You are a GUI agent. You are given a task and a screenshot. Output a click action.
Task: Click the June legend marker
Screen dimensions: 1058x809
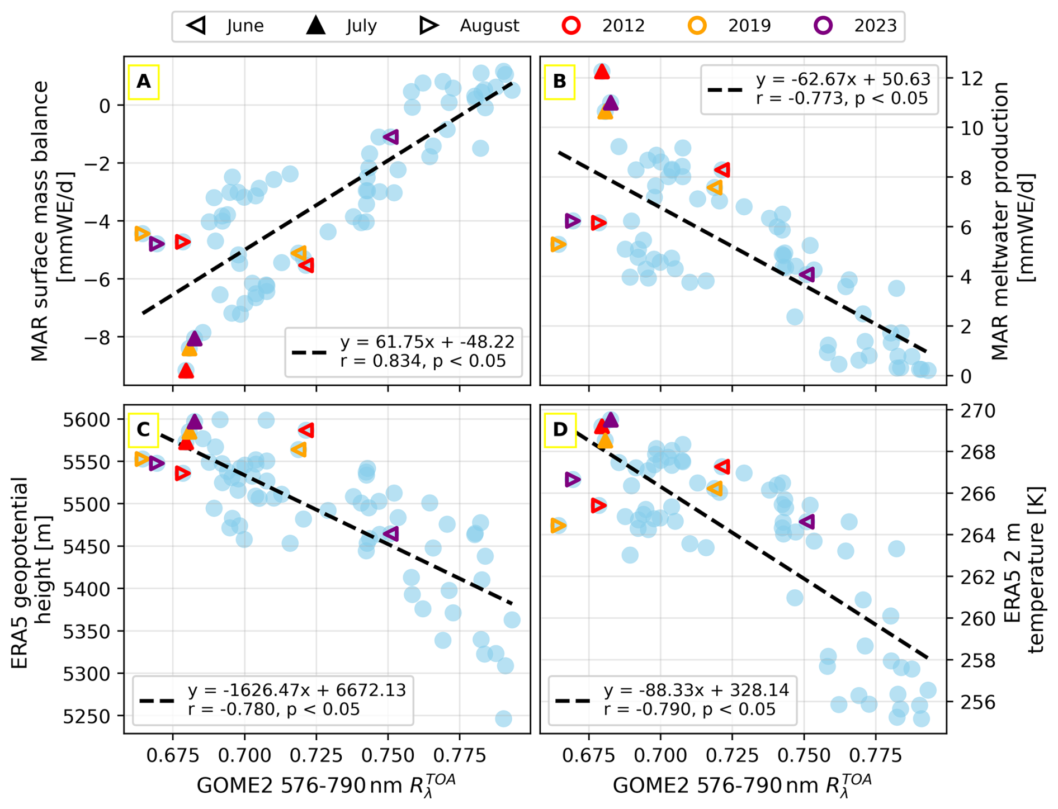pos(196,25)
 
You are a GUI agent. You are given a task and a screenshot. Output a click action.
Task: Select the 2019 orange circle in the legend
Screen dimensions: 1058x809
pos(697,25)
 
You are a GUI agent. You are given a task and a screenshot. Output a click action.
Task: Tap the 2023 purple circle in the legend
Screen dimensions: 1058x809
pos(823,25)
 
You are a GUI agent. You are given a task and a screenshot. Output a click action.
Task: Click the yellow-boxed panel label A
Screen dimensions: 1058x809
pos(144,82)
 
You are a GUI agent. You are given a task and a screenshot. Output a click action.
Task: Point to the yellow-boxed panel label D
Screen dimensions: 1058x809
pos(560,429)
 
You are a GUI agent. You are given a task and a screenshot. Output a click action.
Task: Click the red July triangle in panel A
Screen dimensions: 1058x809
pos(186,370)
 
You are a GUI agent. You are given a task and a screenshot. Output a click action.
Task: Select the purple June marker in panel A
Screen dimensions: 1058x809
pos(391,136)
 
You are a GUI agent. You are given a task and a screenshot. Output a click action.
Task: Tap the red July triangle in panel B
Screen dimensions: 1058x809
pos(602,71)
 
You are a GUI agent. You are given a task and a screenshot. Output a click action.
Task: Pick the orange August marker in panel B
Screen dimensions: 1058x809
pos(558,244)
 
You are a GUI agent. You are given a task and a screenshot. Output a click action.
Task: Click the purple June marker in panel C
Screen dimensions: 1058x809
pos(391,533)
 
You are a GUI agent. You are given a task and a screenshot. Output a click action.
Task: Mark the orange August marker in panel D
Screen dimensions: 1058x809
pos(558,526)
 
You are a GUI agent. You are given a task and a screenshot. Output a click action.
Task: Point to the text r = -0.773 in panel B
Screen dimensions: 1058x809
pos(799,98)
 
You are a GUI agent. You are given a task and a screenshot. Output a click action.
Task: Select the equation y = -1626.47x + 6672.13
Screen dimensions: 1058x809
pos(297,690)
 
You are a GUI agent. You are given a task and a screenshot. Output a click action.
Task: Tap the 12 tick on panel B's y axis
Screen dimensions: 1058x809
pos(967,78)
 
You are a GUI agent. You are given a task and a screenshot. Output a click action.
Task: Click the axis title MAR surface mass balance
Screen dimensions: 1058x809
pos(40,221)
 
